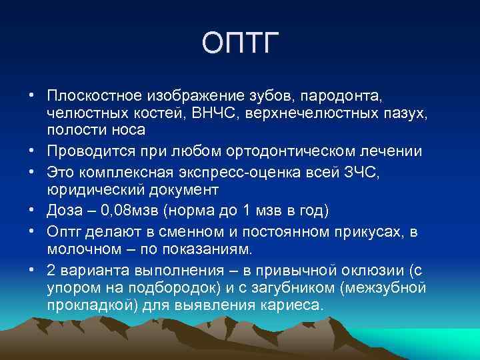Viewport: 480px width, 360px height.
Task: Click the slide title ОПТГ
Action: tap(239, 44)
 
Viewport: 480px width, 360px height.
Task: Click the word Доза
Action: tap(65, 211)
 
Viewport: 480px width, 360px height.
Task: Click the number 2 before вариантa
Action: tap(51, 272)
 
